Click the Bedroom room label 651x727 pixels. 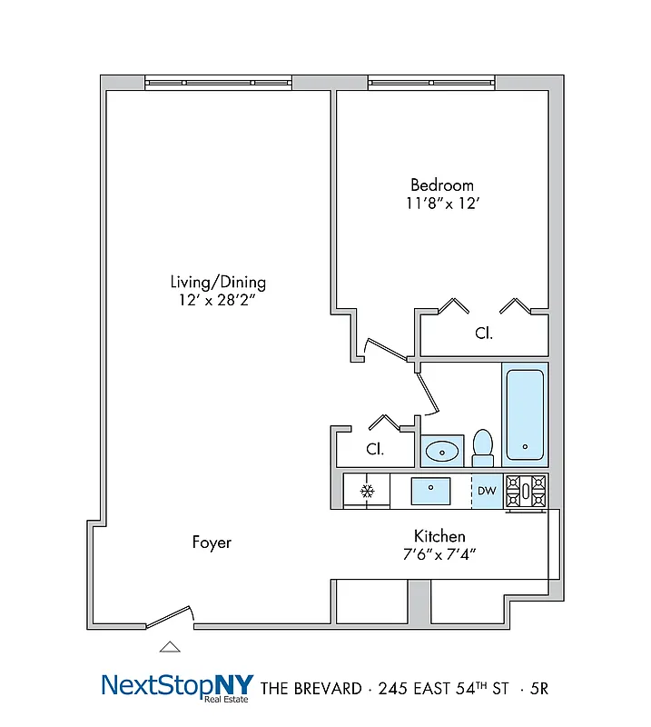tap(441, 184)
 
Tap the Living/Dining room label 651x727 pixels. tap(218, 282)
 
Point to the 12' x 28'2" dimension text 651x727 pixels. tap(218, 300)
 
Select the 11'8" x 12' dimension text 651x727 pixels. tap(442, 204)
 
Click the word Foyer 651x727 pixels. tap(212, 543)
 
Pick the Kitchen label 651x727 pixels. tap(439, 536)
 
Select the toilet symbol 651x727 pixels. tap(482, 447)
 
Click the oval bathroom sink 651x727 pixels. tap(442, 450)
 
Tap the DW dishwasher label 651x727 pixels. tap(487, 492)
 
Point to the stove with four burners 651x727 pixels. tap(526, 492)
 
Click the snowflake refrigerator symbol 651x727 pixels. tap(367, 492)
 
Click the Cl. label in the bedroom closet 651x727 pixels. tap(484, 334)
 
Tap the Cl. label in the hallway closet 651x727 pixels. tap(374, 449)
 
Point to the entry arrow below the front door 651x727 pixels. tap(170, 647)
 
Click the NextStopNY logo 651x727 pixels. tap(177, 685)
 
